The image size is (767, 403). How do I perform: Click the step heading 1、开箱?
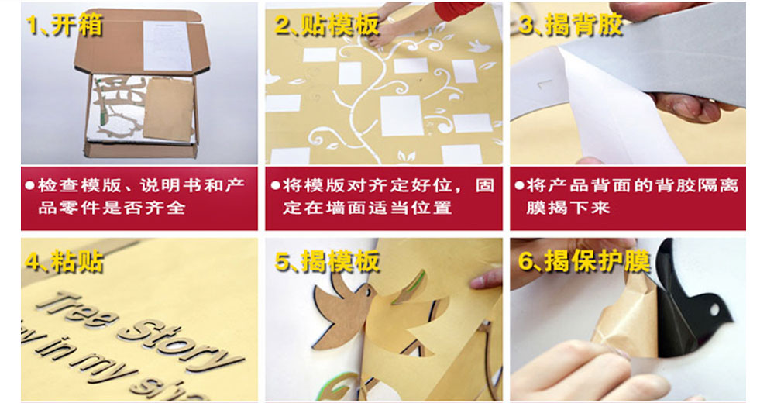tap(64, 25)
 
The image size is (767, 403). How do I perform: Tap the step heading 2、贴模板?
tap(327, 25)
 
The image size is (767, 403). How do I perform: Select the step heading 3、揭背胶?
tap(570, 25)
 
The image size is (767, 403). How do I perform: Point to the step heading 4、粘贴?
tap(64, 261)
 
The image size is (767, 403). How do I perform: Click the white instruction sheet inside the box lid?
tap(167, 46)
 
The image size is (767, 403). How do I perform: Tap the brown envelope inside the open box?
tap(168, 109)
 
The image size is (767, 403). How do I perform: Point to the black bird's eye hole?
tap(714, 310)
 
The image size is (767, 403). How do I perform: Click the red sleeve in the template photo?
tap(459, 11)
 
